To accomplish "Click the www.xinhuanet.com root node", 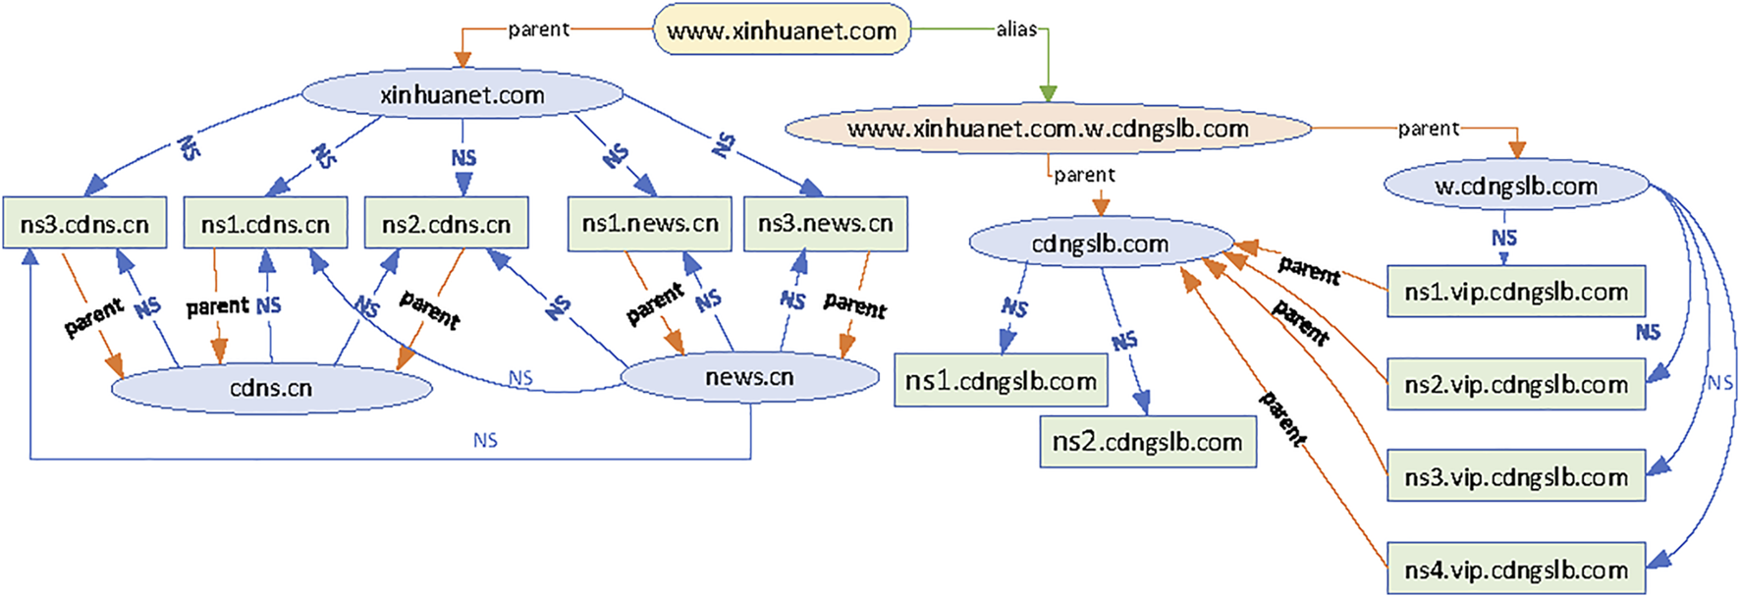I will pos(782,30).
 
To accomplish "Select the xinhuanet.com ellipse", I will pos(462,95).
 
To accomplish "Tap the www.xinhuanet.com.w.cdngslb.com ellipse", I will pos(1048,129).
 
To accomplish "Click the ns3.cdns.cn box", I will pos(84,224).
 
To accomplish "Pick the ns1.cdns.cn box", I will pos(265,224).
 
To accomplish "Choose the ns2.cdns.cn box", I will pos(446,224).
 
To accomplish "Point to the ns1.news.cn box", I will pos(650,224).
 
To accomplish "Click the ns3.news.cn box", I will pos(825,224).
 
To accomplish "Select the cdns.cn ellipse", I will pos(271,388).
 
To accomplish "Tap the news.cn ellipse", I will pos(749,377).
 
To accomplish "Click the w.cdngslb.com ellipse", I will pos(1515,186).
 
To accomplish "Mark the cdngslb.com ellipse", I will pos(1100,244).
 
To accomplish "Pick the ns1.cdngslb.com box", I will pos(1001,381).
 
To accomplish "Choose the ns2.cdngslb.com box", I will pos(1147,442).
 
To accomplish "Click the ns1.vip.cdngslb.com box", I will pos(1515,292).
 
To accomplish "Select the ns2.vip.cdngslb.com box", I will pos(1515,384).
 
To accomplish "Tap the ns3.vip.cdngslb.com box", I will pos(1515,476).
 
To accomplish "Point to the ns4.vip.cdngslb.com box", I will pos(1515,570).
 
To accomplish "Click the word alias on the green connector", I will pos(1016,29).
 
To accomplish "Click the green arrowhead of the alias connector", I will pos(1048,93).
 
